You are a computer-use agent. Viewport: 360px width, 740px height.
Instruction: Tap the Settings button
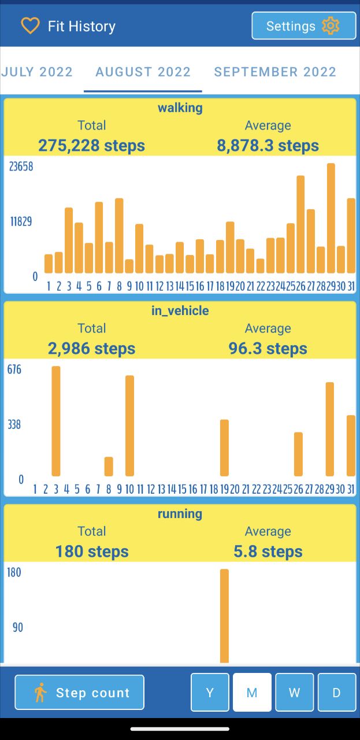pos(303,26)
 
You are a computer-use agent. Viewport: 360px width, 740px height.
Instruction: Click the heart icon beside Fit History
pos(30,26)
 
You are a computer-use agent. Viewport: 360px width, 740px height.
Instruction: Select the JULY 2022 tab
pos(37,72)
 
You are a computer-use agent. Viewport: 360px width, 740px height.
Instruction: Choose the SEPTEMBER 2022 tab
pos(275,72)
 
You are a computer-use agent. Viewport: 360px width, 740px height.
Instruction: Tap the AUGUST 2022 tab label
pos(143,72)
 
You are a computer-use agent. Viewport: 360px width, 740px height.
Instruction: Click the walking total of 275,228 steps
pos(91,145)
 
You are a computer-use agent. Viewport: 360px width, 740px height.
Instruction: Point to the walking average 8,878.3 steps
pos(268,145)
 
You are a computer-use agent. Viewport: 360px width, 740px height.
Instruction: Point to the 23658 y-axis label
pos(21,166)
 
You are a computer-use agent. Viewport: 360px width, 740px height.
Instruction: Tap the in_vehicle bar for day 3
pos(56,421)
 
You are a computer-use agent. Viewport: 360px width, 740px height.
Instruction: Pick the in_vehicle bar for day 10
pos(129,425)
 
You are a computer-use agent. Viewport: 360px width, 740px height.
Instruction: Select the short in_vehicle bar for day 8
pos(109,466)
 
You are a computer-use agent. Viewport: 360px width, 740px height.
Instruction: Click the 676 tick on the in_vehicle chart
pos(14,369)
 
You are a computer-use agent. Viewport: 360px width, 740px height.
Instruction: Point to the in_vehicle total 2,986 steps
pos(91,348)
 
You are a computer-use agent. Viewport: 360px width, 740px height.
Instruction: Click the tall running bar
pos(224,616)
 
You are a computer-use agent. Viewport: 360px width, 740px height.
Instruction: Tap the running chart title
pos(180,513)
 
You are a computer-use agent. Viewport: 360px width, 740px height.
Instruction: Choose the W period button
pos(294,692)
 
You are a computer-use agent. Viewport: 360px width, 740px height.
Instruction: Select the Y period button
pos(210,692)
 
